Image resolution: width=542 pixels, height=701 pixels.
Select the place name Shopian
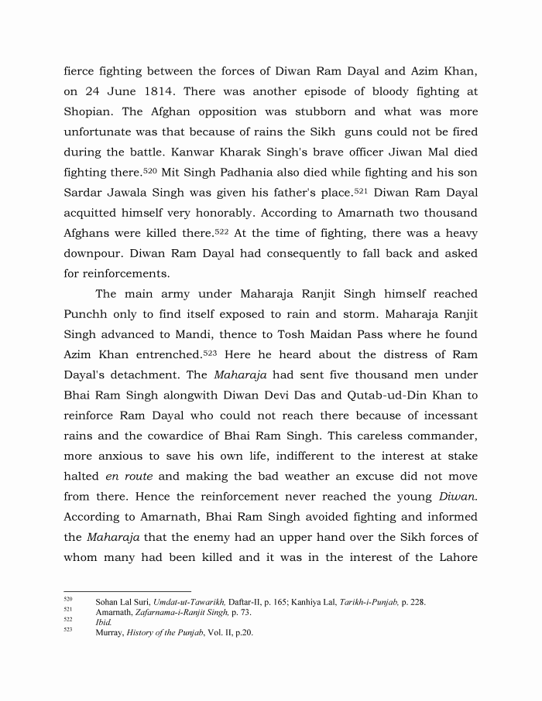[x=92, y=111]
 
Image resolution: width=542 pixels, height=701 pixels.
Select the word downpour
[x=92, y=252]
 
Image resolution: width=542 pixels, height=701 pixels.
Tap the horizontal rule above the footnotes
[x=127, y=591]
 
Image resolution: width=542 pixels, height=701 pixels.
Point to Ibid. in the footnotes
[x=102, y=622]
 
